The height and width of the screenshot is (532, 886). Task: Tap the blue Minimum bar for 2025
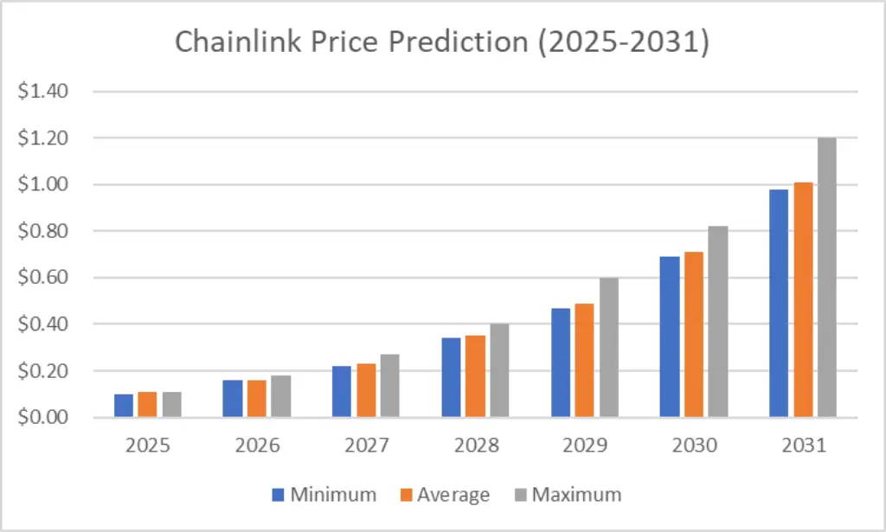coord(125,406)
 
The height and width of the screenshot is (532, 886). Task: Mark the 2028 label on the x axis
coord(475,446)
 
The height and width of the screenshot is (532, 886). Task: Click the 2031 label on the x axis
coord(802,446)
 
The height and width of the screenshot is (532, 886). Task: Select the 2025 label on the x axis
coord(148,446)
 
